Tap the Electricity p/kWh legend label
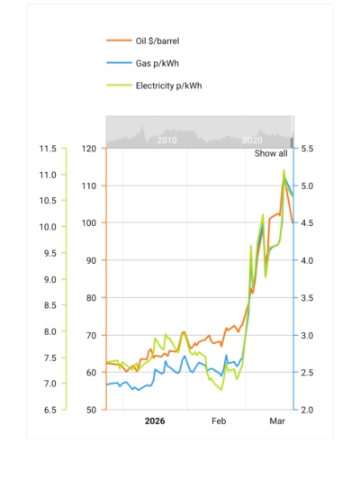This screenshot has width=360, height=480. [x=168, y=86]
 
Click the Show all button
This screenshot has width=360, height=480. [x=271, y=154]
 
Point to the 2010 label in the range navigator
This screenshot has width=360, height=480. [x=166, y=140]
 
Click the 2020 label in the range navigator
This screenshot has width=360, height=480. [x=252, y=140]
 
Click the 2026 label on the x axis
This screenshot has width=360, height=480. [x=155, y=421]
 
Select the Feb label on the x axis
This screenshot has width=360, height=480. [x=220, y=421]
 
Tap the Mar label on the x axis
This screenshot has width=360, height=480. [x=277, y=421]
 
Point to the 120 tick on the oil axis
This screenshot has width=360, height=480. [x=88, y=149]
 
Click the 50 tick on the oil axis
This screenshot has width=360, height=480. [x=91, y=410]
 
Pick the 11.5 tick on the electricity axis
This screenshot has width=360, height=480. [x=47, y=149]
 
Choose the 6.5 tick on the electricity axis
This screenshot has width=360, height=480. [x=49, y=410]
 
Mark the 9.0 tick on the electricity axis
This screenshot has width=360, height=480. [x=49, y=279]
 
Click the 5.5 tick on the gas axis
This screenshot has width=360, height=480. [x=308, y=149]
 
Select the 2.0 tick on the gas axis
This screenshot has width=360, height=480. [x=308, y=410]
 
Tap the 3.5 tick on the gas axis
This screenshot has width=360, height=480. [x=308, y=298]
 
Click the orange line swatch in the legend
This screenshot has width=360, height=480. [x=118, y=41]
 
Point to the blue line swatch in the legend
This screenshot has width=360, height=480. [x=118, y=63]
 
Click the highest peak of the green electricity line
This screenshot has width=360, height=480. [x=284, y=169]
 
